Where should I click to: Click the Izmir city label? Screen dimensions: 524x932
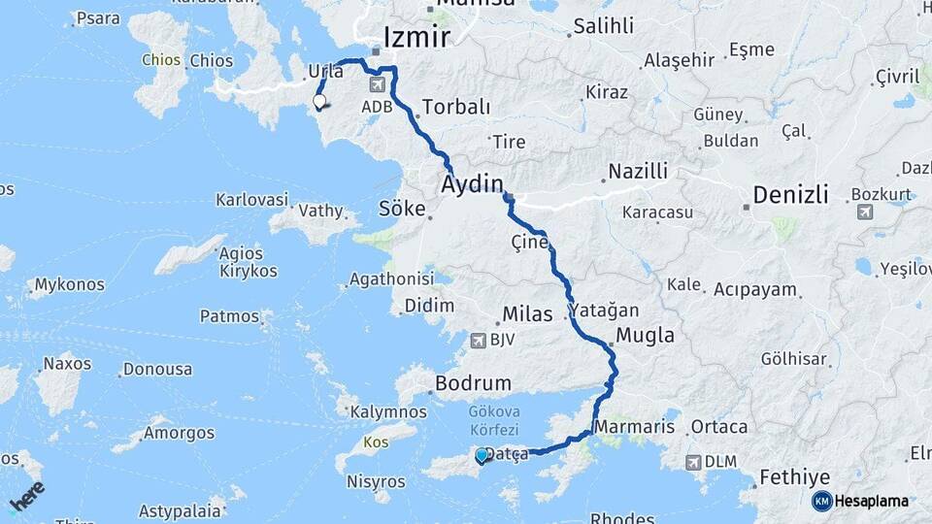417,38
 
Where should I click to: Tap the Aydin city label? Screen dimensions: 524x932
473,184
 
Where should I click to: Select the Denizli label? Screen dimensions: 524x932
787,195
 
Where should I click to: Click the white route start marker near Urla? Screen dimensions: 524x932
318,101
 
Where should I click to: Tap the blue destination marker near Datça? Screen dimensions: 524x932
482,454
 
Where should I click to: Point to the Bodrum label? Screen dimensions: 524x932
474,383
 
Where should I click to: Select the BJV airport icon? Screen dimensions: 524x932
477,340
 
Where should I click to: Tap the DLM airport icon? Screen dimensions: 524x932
692,463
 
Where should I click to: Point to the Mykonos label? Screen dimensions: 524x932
69,285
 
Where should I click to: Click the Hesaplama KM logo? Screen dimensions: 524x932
821,501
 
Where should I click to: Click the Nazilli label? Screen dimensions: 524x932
638,172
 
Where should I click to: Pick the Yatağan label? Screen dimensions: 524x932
605,311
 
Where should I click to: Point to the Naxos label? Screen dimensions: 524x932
67,364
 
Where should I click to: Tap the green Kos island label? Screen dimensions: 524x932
375,442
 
